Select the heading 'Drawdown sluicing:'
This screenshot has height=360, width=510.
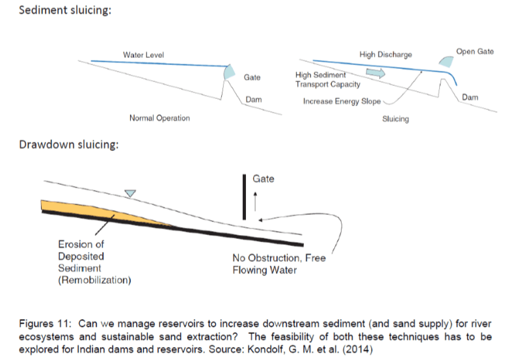click(x=68, y=144)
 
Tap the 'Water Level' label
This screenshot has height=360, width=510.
click(x=143, y=55)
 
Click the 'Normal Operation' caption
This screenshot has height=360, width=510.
click(x=159, y=118)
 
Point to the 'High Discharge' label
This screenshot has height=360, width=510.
click(x=385, y=55)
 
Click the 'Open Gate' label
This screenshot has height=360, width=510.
click(x=475, y=51)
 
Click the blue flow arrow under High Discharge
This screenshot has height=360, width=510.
click(x=375, y=72)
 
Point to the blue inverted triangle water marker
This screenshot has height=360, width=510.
click(x=131, y=193)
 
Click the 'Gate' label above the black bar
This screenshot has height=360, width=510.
click(x=263, y=178)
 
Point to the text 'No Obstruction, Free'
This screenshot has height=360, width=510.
click(x=279, y=258)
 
